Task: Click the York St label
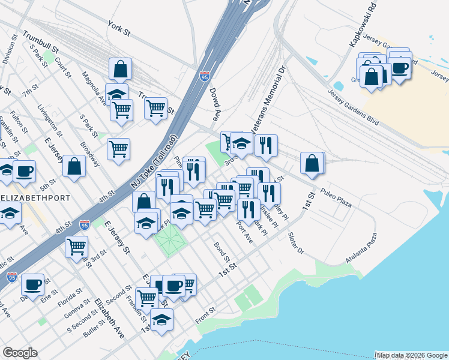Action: [119, 26]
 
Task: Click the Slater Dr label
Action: [295, 242]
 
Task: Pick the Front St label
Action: [205, 316]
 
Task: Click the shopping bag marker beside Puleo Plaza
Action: [312, 163]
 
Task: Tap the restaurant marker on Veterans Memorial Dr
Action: [265, 145]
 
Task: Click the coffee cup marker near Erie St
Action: [32, 284]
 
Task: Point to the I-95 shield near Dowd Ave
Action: [205, 77]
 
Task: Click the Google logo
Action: [20, 353]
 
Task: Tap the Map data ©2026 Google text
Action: [412, 355]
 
